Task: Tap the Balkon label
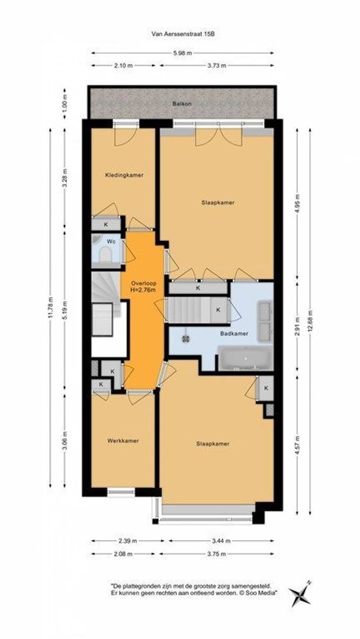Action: (181, 104)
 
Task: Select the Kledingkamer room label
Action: (124, 175)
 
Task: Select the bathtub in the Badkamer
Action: (245, 359)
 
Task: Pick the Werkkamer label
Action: (123, 441)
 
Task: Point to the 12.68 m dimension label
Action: (311, 322)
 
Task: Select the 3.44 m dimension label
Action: (218, 541)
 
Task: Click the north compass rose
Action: (300, 593)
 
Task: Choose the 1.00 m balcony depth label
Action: (66, 102)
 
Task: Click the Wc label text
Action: (111, 242)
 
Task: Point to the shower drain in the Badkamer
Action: (185, 339)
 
